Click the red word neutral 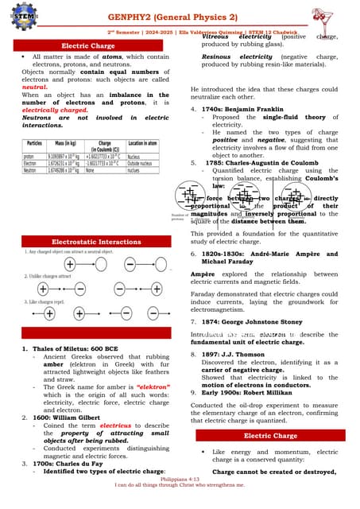pyautogui.click(x=31, y=85)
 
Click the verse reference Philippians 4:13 pyautogui.click(x=180, y=492)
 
